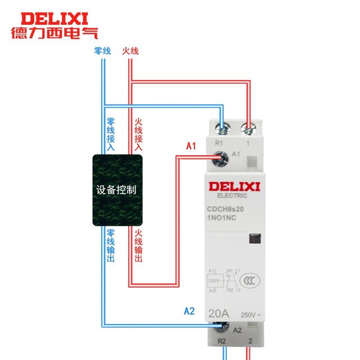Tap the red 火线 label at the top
coord(130,51)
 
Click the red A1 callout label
coord(191,147)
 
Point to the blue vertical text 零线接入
coord(111,134)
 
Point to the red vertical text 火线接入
coord(138,134)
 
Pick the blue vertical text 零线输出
coord(111,245)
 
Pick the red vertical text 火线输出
coord(138,245)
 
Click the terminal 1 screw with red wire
coord(247,129)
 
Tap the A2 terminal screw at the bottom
coord(224,327)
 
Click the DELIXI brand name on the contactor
coord(232,186)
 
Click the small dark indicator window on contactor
coord(254,240)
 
